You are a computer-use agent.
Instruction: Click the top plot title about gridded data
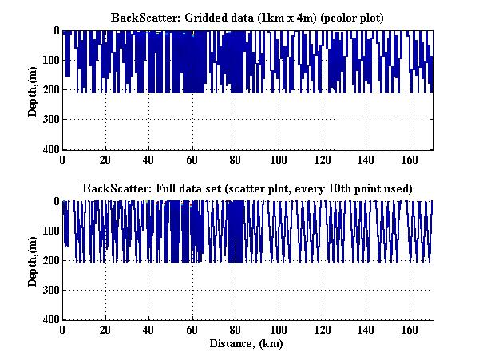[x=247, y=17]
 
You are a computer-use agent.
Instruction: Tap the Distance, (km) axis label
[x=247, y=343]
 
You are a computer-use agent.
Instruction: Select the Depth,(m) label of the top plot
[x=33, y=90]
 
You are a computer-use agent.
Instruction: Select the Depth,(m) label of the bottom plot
[x=33, y=261]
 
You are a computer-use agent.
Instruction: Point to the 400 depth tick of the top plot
[x=51, y=149]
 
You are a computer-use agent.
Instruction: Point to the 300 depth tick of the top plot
[x=51, y=120]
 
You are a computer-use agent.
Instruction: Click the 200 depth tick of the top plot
[x=51, y=90]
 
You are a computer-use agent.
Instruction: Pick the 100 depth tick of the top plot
[x=51, y=61]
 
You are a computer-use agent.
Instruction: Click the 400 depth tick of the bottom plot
[x=51, y=320]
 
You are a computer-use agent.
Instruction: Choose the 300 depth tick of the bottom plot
[x=51, y=291]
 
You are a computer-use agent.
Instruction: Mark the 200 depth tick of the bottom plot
[x=51, y=261]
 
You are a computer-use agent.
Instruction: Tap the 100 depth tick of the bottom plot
[x=51, y=231]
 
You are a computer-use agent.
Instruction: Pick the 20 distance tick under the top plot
[x=105, y=160]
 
